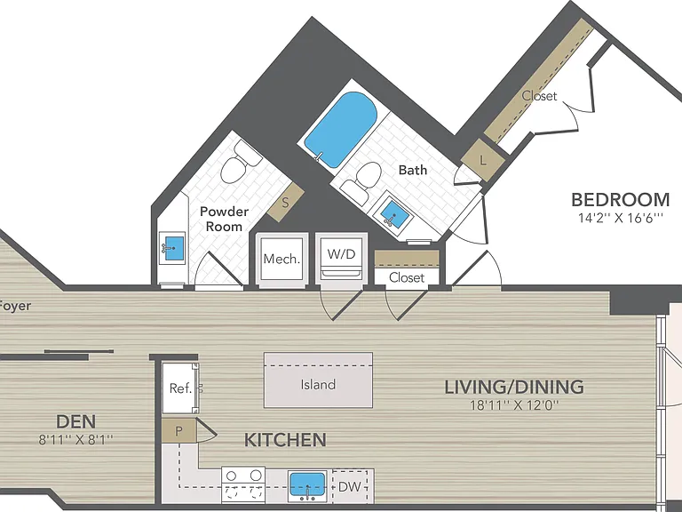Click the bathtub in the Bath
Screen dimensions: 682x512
coord(341,130)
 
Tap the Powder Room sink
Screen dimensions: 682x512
coord(172,248)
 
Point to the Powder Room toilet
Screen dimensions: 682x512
coord(240,163)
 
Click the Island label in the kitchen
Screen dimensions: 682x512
coord(318,384)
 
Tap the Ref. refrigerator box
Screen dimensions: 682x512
coord(180,388)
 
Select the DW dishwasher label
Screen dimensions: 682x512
coord(350,487)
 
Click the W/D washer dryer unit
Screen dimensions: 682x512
coord(341,259)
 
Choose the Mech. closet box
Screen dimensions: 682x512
coord(282,259)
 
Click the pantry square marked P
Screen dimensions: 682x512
coord(178,431)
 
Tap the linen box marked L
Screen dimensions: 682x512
coord(483,160)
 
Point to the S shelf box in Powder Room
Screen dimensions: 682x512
coord(285,202)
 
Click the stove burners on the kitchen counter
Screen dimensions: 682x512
coord(243,485)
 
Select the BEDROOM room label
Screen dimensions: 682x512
coord(620,199)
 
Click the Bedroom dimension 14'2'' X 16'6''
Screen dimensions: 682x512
coord(621,218)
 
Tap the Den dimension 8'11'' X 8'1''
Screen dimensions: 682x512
coord(75,439)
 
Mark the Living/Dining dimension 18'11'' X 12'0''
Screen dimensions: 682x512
coord(514,405)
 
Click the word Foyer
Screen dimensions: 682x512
coord(15,306)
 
